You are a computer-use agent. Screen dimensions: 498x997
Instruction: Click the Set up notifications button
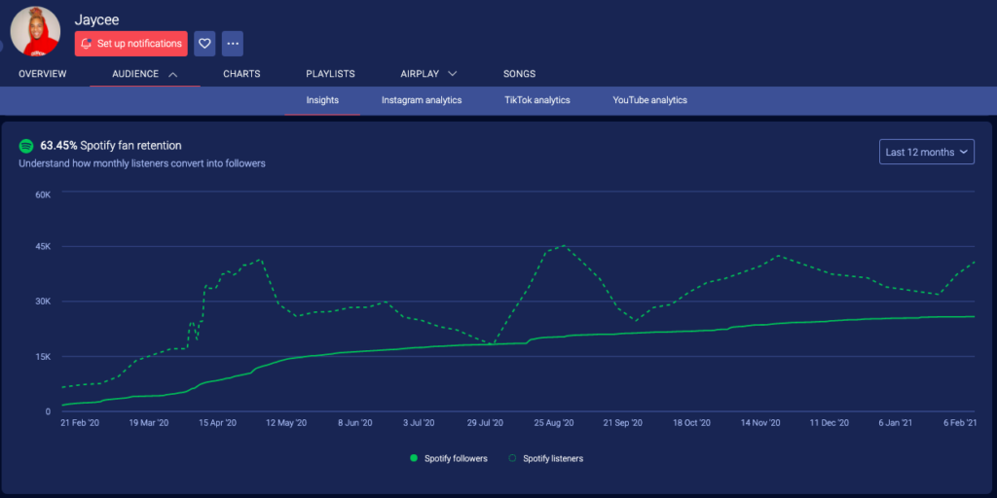coord(131,44)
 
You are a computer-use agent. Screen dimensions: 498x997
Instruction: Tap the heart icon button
coord(204,44)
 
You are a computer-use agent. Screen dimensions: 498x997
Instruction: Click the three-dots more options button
coord(232,44)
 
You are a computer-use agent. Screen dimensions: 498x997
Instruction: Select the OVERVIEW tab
coord(42,74)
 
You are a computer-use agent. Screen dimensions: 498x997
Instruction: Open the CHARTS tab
coord(241,74)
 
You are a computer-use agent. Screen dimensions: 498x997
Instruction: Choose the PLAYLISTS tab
coord(330,74)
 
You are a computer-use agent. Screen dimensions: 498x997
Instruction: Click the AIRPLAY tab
coord(428,74)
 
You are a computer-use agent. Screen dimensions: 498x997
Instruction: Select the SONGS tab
coord(519,74)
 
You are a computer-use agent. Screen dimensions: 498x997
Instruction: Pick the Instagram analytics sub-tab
coord(422,100)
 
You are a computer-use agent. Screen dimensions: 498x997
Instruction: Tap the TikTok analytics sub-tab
coord(537,100)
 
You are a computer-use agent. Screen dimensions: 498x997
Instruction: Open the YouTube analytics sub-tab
coord(649,100)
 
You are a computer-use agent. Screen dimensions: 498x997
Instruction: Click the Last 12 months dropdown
coord(926,152)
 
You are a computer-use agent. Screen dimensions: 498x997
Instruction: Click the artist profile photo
coord(35,30)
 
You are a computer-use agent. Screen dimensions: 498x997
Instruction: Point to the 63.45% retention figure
coord(58,146)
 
